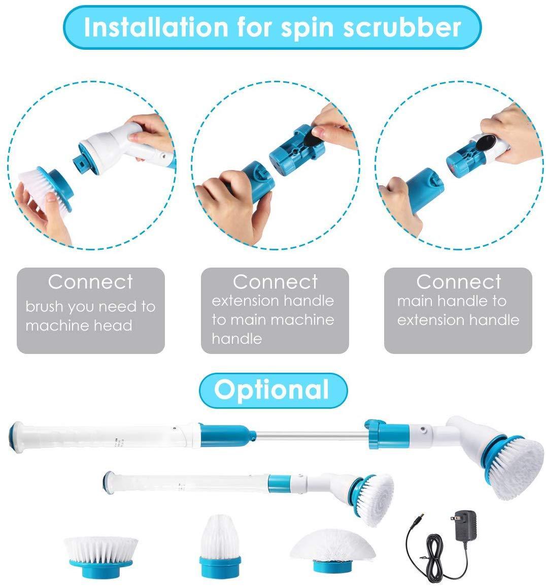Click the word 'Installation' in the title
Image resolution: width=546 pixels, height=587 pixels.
(156, 27)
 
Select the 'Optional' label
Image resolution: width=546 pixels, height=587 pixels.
(271, 389)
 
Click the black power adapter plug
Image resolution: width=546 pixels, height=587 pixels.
(464, 526)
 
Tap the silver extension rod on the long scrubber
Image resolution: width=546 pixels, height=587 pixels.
(311, 435)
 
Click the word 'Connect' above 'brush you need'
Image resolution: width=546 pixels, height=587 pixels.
(90, 282)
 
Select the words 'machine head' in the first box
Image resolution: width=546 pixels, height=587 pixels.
(79, 325)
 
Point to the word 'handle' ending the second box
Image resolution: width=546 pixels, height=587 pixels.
(236, 338)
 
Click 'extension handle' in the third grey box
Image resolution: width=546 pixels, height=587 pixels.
(458, 320)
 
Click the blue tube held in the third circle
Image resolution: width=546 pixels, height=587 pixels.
(424, 190)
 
